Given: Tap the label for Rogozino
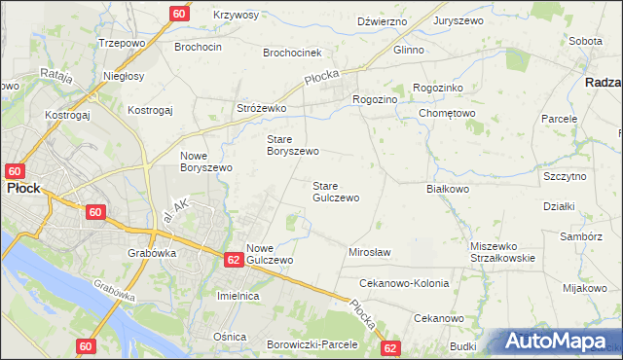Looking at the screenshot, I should (375, 99).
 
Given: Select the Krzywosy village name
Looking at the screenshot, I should (237, 16).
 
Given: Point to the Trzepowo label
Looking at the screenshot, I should (122, 44).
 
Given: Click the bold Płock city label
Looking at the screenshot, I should (22, 189).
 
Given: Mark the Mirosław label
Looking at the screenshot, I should (369, 252).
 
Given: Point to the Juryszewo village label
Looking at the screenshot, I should (459, 20).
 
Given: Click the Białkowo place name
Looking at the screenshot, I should (449, 189).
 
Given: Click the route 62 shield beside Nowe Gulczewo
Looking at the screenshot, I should (234, 260).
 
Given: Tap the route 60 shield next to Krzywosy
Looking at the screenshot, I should (178, 14).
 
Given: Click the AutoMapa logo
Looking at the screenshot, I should (561, 341).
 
